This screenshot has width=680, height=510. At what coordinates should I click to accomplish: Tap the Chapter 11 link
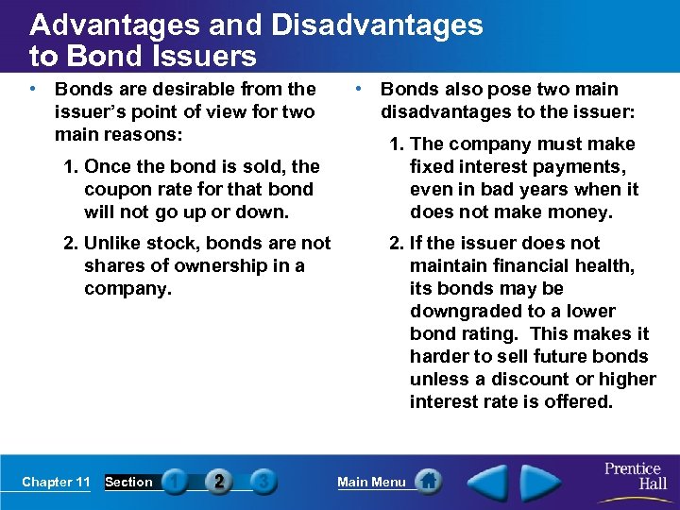pyautogui.click(x=56, y=483)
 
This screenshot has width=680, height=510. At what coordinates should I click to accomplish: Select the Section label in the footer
pyautogui.click(x=128, y=483)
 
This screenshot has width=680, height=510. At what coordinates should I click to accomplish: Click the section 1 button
pyautogui.click(x=175, y=482)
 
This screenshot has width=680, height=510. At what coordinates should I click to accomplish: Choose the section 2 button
pyautogui.click(x=218, y=482)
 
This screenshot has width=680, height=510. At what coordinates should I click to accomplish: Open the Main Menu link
pyautogui.click(x=371, y=483)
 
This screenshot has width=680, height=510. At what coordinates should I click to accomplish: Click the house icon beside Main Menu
pyautogui.click(x=428, y=482)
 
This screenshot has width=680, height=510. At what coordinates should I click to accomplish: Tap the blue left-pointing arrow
pyautogui.click(x=489, y=481)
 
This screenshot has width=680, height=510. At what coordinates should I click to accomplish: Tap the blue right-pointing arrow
pyautogui.click(x=541, y=481)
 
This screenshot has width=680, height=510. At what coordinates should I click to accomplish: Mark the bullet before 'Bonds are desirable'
pyautogui.click(x=33, y=90)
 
